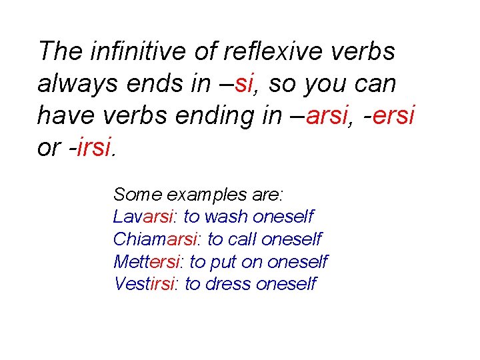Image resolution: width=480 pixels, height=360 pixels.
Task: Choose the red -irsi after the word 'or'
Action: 92,147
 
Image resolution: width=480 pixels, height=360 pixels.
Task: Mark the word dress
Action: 229,283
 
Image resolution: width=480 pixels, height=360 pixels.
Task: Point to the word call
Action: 243,239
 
